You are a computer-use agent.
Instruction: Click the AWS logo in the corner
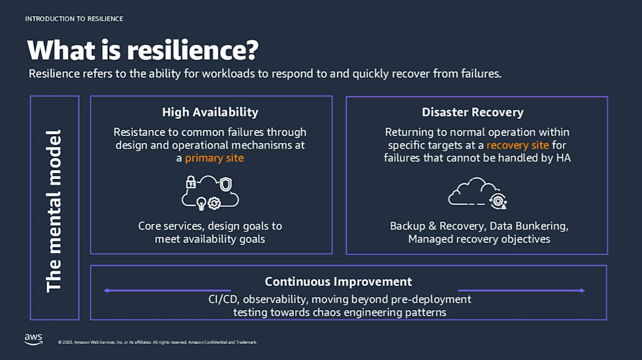pos(33,339)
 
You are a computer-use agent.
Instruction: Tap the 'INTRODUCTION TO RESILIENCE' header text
pos(74,19)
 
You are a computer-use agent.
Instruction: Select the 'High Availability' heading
pos(210,112)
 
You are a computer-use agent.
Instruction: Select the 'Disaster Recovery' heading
pos(473,112)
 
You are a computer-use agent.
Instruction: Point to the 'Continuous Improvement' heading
pos(338,281)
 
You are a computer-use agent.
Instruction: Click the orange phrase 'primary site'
pos(214,158)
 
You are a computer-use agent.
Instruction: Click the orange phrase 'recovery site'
pos(517,145)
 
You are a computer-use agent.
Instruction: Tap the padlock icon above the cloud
pos(191,182)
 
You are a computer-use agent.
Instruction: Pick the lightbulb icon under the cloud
pos(201,203)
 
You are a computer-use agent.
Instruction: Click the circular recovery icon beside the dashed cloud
pos(497,200)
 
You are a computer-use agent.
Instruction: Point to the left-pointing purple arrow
pos(167,291)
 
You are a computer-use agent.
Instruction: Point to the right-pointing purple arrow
pos(521,291)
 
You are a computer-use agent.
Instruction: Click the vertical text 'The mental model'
pos(54,211)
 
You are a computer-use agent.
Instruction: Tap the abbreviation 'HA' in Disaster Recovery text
pos(563,158)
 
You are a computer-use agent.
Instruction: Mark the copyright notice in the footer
pos(157,342)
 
